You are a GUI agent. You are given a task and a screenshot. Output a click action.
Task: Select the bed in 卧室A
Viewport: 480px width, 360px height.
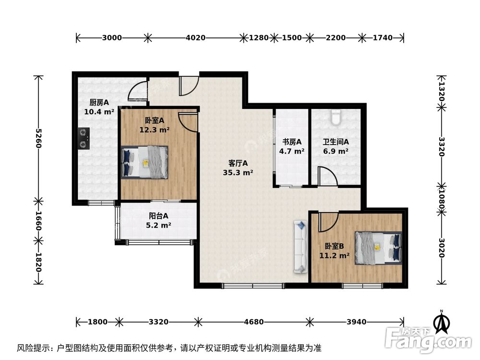[145, 162]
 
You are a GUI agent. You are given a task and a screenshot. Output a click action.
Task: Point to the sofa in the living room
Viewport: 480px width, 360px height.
[300, 247]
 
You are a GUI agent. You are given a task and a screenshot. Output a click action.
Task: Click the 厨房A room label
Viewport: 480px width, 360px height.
[99, 102]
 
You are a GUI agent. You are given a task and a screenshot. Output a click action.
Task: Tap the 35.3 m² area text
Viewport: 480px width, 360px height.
[238, 172]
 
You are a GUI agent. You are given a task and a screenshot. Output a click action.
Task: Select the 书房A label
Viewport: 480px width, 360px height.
[292, 142]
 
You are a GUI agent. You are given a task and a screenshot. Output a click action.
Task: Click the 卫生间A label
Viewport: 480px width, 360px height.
[336, 142]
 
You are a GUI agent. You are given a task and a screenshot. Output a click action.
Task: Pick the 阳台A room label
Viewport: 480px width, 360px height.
[158, 216]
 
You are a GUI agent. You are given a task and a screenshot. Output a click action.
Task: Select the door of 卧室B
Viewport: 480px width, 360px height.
[328, 221]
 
